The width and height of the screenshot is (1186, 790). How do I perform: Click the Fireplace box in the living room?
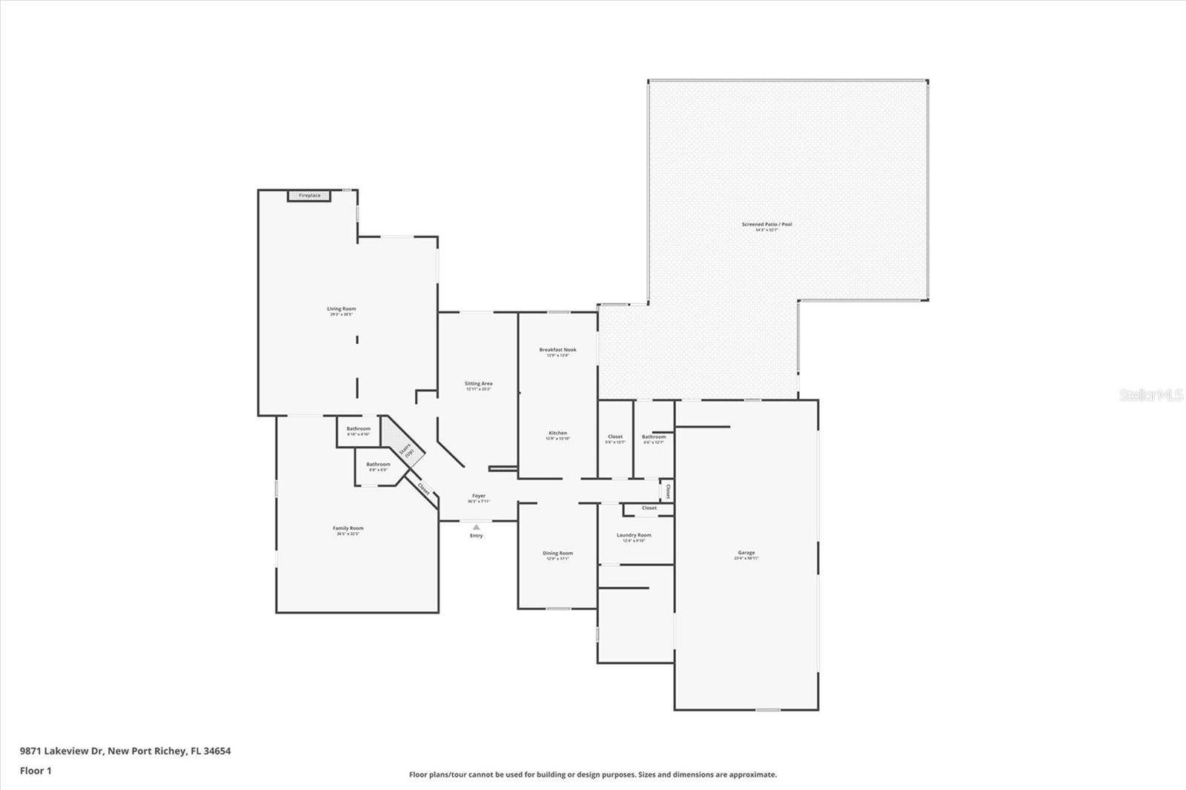[x=310, y=196]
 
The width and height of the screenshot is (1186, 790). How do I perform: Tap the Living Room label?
[x=342, y=309]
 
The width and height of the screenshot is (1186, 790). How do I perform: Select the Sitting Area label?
[x=478, y=384]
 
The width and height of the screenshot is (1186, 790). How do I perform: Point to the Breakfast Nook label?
[x=557, y=350]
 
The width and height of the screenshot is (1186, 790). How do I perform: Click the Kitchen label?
[x=557, y=434]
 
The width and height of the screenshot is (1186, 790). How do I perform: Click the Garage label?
[x=746, y=553]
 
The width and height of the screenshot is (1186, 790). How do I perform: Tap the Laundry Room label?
[x=634, y=535]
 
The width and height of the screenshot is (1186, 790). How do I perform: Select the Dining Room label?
[x=557, y=554]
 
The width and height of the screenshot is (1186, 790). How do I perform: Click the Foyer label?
[x=479, y=497]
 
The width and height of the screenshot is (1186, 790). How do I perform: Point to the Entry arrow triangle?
[x=476, y=527]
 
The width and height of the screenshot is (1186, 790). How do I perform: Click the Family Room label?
[x=348, y=528]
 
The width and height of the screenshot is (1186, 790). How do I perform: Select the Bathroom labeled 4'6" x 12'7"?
[x=653, y=437]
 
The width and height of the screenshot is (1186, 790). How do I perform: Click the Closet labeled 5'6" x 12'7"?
[x=615, y=437]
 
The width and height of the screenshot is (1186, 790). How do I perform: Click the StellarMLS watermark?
[x=1150, y=396]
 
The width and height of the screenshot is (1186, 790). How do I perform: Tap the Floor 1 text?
[x=36, y=771]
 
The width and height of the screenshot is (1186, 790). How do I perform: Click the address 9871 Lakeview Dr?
[x=125, y=751]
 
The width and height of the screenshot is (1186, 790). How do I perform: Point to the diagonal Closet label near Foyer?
[x=423, y=489]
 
